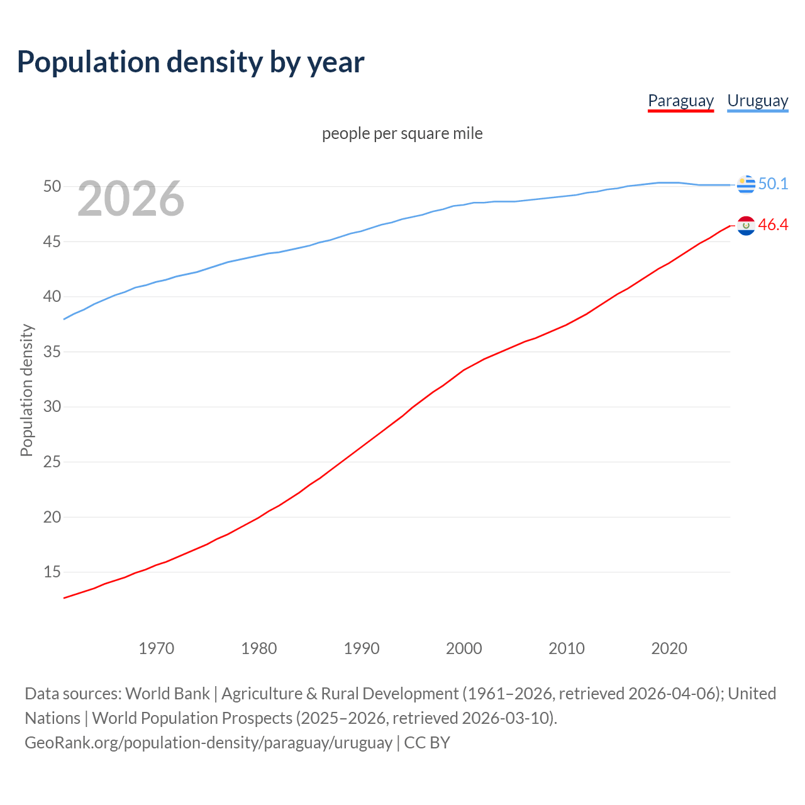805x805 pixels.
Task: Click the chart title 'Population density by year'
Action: pos(191,62)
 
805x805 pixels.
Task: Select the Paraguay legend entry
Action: pos(680,101)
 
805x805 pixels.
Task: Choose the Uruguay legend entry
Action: pos(757,101)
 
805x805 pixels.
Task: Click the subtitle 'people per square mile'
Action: pos(402,133)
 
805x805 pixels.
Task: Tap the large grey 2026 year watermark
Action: pos(131,199)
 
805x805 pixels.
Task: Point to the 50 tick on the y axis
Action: pos(52,186)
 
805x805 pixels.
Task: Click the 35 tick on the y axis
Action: pos(52,352)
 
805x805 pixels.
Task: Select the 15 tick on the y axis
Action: pos(52,572)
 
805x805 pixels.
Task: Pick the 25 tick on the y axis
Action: pos(52,462)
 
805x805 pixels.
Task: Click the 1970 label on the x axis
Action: pos(156,648)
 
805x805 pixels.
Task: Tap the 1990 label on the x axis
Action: pos(362,648)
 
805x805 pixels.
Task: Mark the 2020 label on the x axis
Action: pos(669,648)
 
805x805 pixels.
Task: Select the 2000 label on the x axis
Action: pos(464,648)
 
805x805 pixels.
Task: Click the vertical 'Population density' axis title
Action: pos(26,390)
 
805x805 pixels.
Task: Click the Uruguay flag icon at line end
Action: pos(746,184)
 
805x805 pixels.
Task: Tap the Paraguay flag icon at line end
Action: pos(746,225)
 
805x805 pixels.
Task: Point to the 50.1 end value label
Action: pos(773,184)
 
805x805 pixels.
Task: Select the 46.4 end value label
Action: pos(773,225)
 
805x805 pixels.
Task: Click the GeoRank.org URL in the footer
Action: pos(208,743)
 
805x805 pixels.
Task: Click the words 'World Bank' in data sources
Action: pos(167,694)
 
